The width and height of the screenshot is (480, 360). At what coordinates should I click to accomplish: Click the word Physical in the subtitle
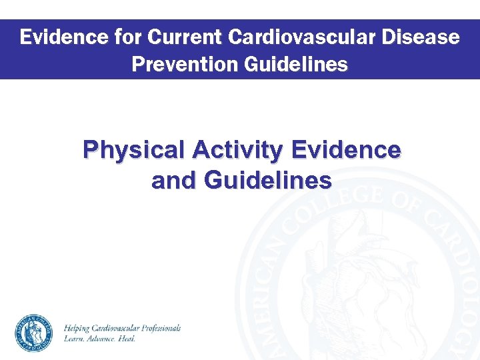coord(134,151)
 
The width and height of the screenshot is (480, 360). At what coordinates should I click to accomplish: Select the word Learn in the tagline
coord(73,339)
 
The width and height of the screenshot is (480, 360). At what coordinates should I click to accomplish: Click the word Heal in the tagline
coord(128,339)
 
